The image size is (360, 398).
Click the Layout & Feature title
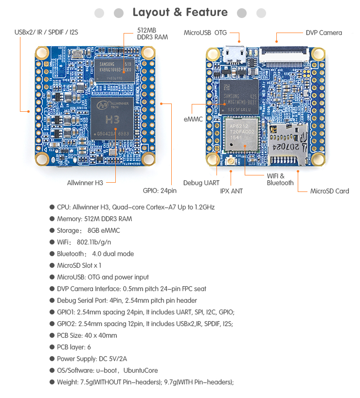[180, 13]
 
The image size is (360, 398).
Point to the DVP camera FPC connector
[285, 52]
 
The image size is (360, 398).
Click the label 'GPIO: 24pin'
[160, 191]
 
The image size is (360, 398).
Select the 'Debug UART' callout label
[201, 183]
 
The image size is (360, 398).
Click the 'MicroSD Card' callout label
[329, 191]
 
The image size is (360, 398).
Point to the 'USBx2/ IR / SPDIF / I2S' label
[46, 33]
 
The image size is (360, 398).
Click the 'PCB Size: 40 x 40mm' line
[87, 335]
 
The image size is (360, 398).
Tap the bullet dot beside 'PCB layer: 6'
[52, 347]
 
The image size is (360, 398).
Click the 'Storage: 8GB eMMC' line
[88, 230]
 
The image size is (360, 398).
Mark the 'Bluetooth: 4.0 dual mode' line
[95, 254]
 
